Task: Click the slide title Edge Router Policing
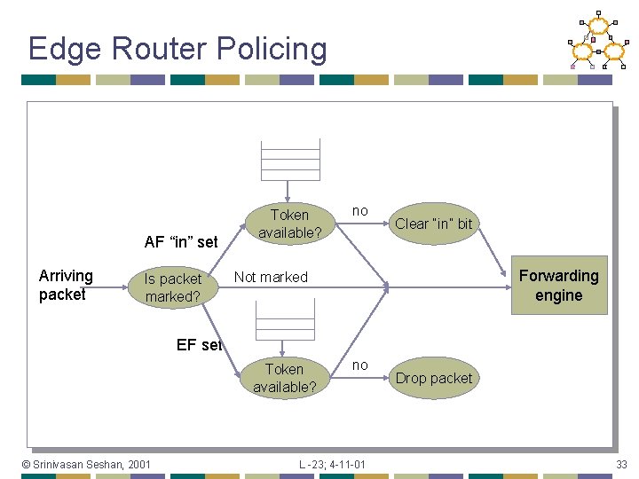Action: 177,48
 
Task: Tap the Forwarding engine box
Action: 558,286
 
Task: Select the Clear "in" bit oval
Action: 433,224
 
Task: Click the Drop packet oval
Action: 433,378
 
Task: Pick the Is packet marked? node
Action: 173,287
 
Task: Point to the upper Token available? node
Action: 289,224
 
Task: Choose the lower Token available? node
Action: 284,378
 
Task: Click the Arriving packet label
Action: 66,285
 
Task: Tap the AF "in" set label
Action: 181,241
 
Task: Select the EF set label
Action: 199,345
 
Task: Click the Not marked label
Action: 271,277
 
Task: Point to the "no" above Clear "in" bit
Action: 359,211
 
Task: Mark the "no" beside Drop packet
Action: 359,365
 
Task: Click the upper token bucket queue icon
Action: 289,161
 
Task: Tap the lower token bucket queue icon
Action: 284,319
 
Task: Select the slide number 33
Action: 622,464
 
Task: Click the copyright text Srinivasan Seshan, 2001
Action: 86,464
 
